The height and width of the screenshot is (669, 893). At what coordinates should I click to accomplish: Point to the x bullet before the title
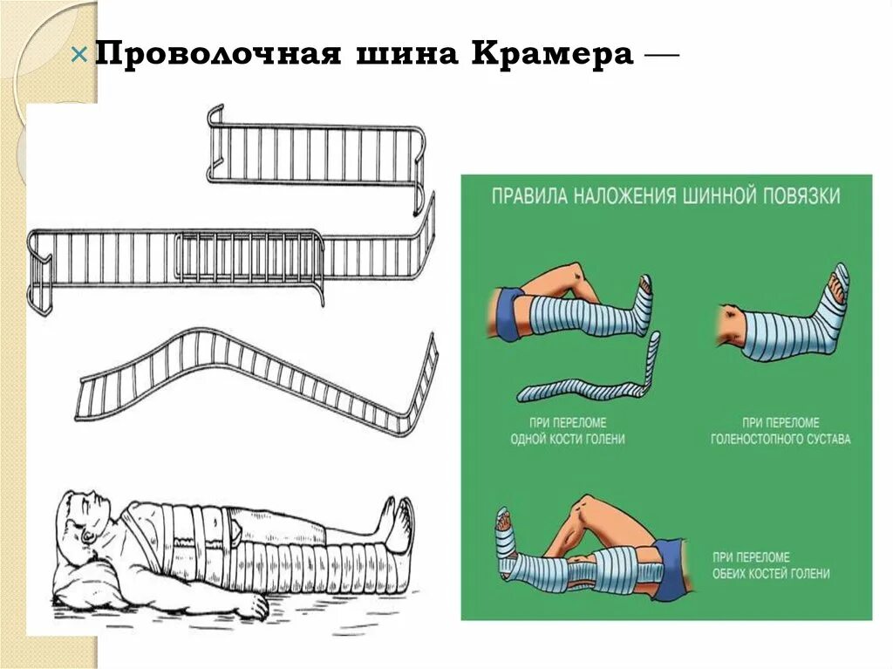click(x=79, y=55)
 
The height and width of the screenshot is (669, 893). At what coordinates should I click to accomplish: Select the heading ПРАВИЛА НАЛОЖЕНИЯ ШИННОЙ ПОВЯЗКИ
click(x=666, y=195)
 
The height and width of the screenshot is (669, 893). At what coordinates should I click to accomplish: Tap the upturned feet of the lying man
click(x=394, y=523)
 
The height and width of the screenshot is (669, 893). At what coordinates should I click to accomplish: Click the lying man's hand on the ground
click(x=253, y=606)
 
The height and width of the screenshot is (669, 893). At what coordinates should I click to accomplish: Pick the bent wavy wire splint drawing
click(x=262, y=375)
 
